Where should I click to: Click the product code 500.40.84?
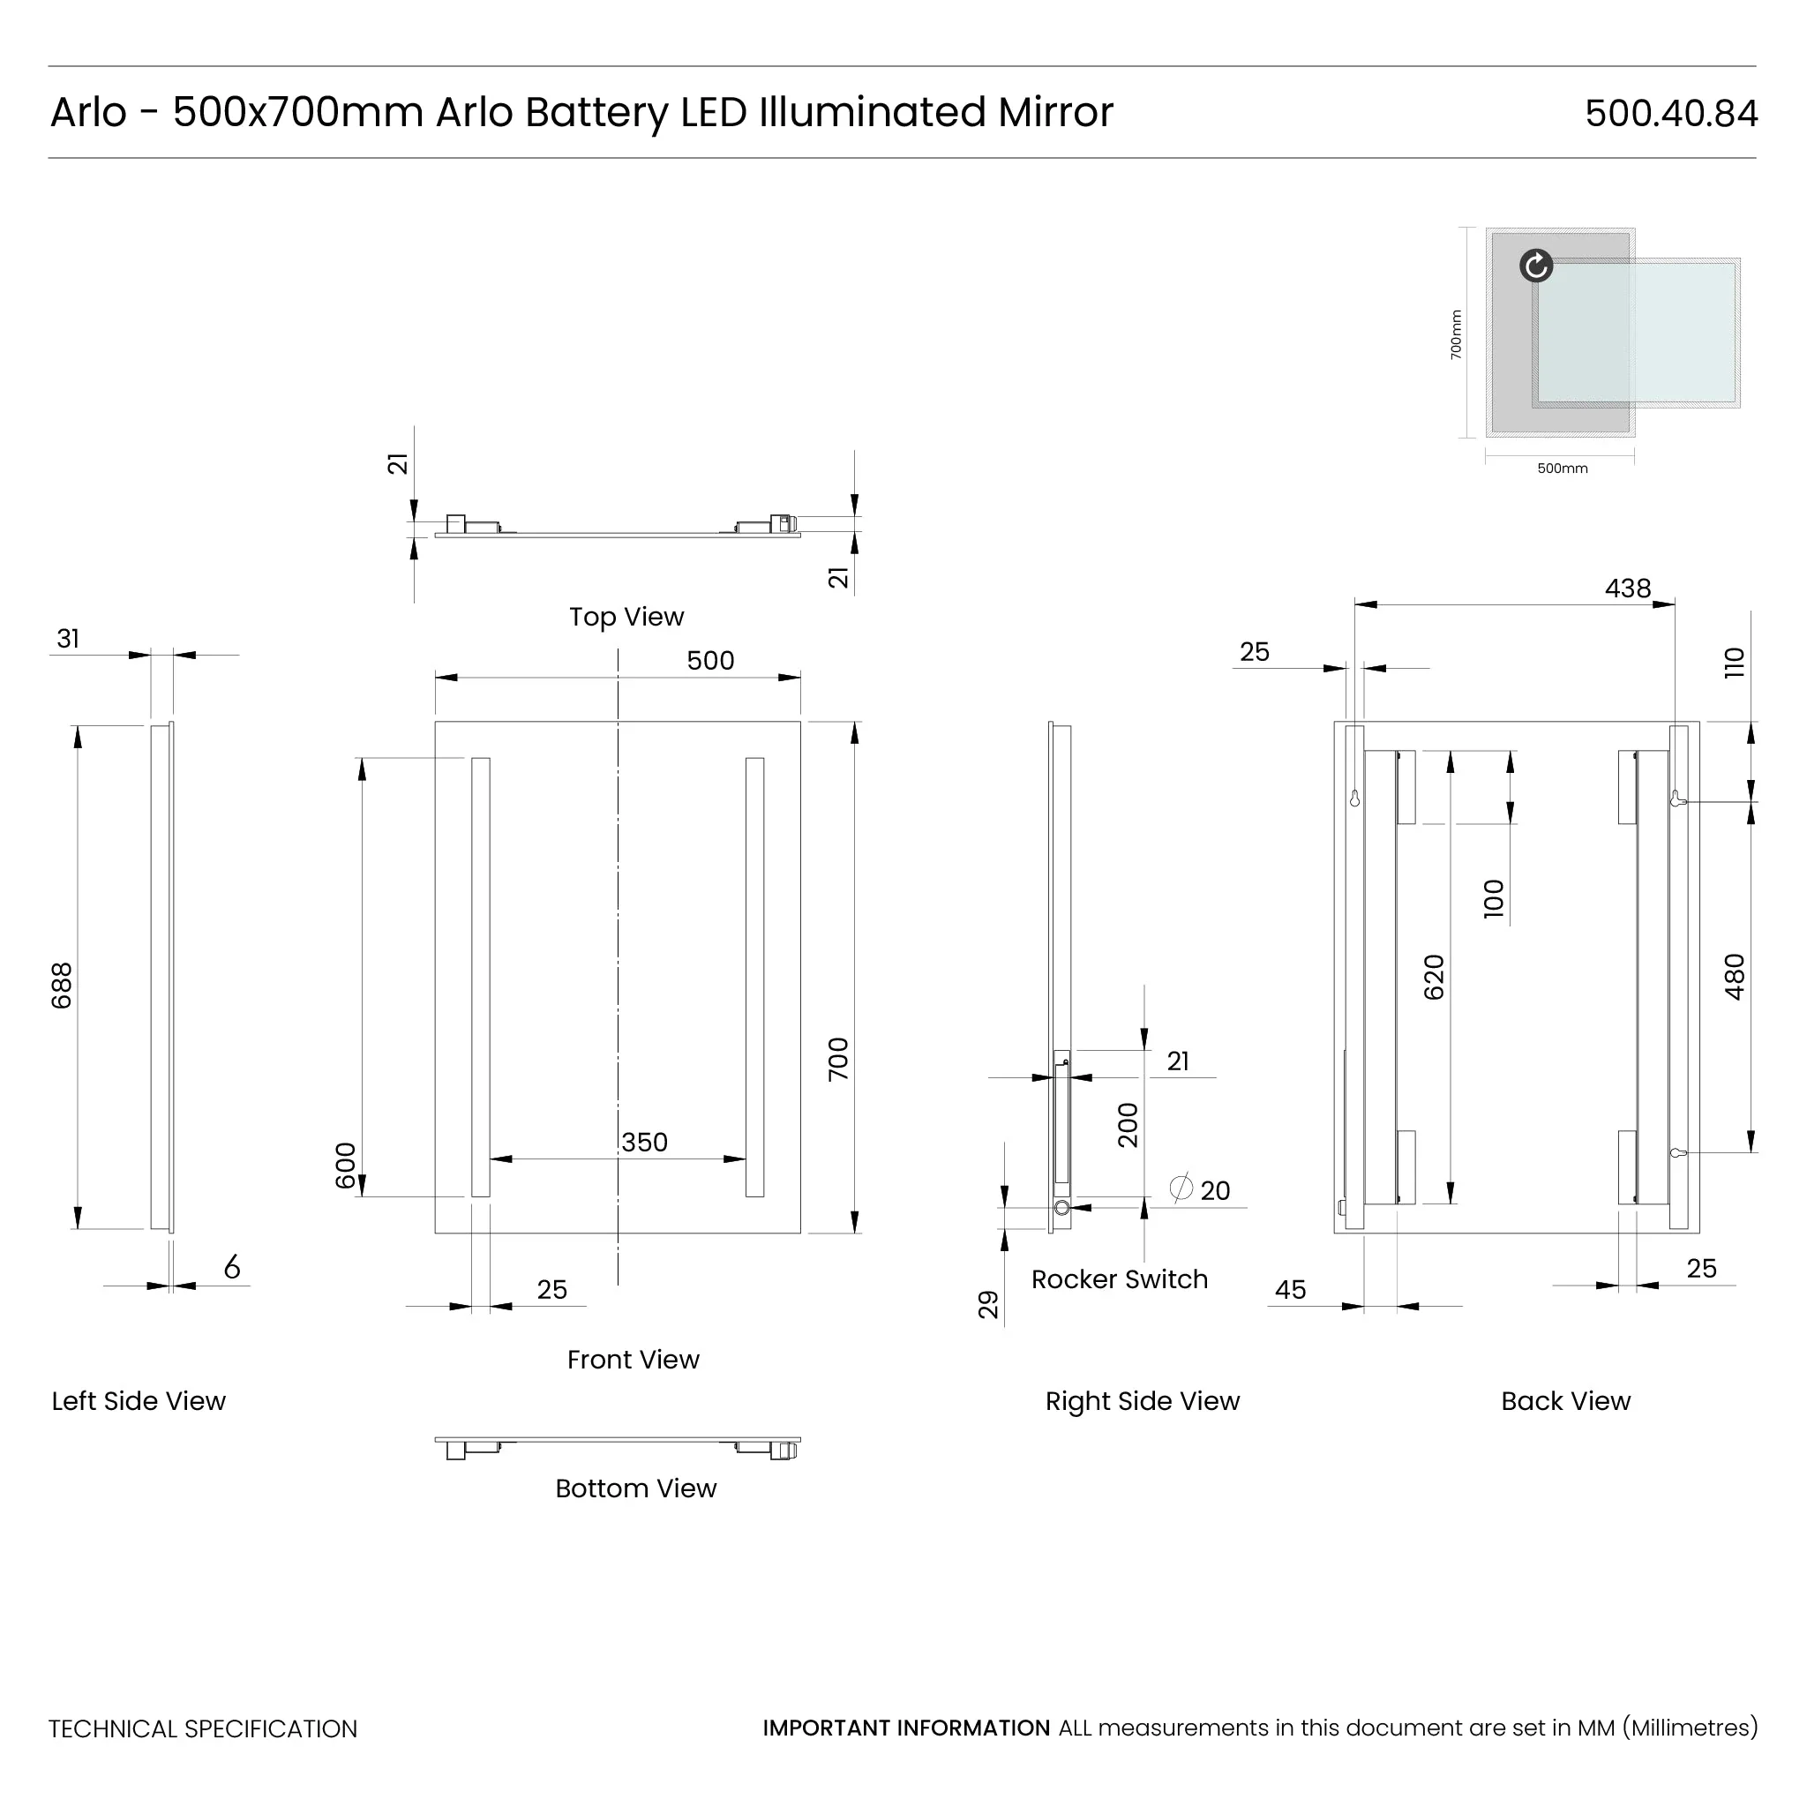coord(1670,113)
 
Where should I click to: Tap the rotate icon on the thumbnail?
coord(1536,266)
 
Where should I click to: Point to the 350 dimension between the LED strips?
coord(644,1142)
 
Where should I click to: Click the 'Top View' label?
coord(626,617)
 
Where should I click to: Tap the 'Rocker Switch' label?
coord(1119,1278)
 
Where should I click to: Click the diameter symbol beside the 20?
coord(1181,1188)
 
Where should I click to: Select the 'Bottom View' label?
coord(635,1488)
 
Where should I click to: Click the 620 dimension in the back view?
coord(1434,978)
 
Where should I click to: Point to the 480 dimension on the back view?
coord(1734,977)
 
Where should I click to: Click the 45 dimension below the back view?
coord(1290,1290)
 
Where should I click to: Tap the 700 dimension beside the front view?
coord(838,1059)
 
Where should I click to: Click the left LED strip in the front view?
coord(481,977)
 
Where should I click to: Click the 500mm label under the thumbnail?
coord(1562,469)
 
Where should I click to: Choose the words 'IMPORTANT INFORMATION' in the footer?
coord(905,1728)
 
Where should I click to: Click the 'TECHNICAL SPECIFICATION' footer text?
coord(203,1728)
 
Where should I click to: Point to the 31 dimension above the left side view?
coord(68,639)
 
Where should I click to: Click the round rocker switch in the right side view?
coord(1061,1209)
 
